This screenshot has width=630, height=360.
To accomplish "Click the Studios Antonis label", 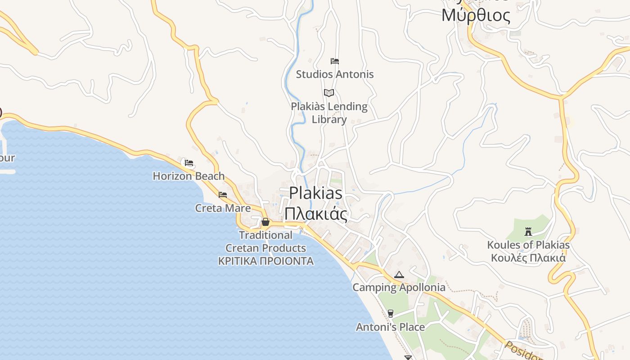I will coord(335,74).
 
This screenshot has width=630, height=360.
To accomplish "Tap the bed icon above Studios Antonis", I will coord(334,61).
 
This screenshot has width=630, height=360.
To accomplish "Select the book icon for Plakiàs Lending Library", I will coord(329,93).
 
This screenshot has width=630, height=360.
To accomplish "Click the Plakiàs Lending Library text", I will coord(329,113).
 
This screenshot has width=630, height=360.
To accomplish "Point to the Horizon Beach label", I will coord(189,176).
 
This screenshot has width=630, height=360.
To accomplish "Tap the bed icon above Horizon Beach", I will coord(189,162).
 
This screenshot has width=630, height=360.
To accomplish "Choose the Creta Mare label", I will coord(223,208).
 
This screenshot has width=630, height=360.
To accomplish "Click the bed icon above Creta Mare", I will coord(223,195).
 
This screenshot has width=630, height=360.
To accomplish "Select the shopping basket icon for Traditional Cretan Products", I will coord(265,222).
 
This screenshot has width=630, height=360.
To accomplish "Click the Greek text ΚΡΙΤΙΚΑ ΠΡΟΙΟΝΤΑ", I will coord(265,261).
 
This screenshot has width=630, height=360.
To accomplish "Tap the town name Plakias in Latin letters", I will coord(315,193).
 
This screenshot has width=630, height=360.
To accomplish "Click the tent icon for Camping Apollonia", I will coord(399,274).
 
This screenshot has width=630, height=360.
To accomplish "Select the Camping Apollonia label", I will coord(399,288).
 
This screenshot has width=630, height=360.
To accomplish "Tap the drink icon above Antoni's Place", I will coord(390,314).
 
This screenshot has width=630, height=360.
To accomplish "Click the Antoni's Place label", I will coord(390,327).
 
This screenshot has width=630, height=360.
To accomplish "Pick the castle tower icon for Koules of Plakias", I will coord(528,232).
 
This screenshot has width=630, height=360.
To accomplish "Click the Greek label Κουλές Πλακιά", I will coord(528,258).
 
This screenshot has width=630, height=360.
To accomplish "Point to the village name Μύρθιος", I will coord(476,16).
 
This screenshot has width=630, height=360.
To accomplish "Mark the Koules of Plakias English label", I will coord(528,245).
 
